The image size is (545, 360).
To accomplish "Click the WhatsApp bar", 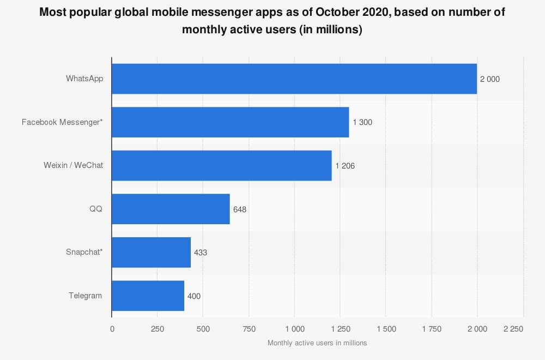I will [294, 79].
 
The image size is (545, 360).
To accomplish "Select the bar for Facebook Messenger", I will [230, 122].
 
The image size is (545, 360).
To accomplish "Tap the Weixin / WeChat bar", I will [221, 166].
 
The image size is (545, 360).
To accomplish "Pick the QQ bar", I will [171, 209].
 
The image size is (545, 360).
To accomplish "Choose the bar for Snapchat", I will [151, 253].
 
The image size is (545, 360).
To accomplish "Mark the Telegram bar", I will [148, 296].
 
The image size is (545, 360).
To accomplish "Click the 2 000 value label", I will [489, 79].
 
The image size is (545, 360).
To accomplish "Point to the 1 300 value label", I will [362, 123].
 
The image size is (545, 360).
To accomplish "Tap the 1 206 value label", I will [345, 166].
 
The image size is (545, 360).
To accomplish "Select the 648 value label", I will [240, 209].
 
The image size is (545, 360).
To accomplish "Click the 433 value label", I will [201, 253].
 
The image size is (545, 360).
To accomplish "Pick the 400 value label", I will [194, 296].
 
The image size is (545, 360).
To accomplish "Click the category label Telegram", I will [85, 296].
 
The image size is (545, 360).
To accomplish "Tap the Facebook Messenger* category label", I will [62, 122].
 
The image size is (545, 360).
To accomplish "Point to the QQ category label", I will [96, 209].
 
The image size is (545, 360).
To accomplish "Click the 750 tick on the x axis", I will [249, 329].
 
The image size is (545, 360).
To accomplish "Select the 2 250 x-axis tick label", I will [513, 329].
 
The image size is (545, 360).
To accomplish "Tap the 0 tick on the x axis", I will [112, 329].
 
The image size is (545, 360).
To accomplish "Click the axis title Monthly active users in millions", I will [317, 343].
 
